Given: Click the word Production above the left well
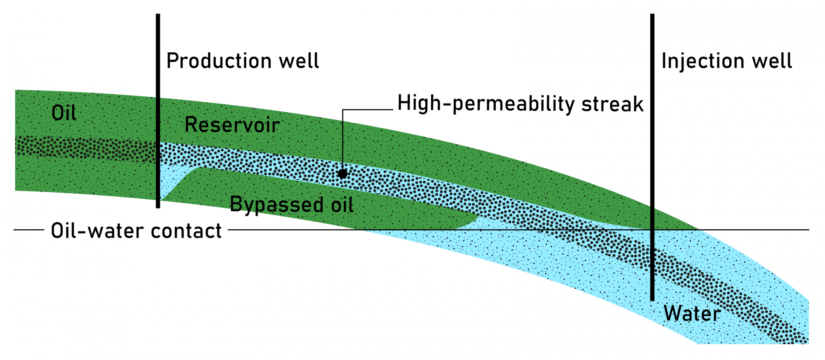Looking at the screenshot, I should (x=219, y=61).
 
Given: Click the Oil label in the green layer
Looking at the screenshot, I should (x=64, y=113).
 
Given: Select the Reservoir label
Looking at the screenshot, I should (x=232, y=125).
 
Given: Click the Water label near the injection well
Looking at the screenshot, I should (x=692, y=314).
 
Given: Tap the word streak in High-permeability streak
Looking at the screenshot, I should (x=612, y=104).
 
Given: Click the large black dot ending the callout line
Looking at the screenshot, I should (x=342, y=174).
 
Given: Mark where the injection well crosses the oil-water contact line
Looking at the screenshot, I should (x=652, y=230).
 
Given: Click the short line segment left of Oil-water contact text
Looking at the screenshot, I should (x=29, y=230).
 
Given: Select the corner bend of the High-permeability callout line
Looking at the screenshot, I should (x=343, y=110).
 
